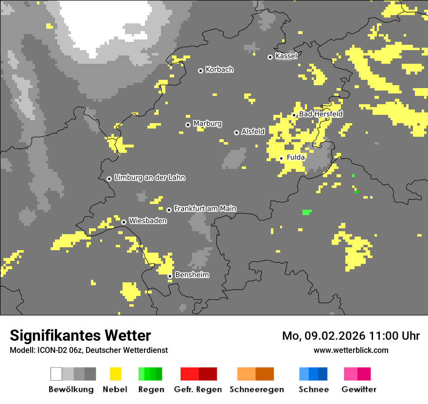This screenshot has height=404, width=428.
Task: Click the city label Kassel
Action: point(286,56)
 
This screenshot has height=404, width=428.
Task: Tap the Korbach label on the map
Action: point(219,70)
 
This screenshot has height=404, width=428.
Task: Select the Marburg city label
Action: point(207,124)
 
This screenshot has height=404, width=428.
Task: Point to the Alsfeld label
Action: point(253,131)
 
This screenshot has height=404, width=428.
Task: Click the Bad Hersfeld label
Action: point(321,114)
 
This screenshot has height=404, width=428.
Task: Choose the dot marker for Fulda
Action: point(281,158)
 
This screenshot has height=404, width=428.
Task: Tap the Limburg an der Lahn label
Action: point(149,178)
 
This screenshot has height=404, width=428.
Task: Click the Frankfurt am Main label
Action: point(205,209)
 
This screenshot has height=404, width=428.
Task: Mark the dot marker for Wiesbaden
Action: point(124,222)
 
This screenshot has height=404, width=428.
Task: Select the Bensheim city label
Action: point(192,275)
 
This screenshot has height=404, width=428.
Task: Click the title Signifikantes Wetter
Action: point(80,335)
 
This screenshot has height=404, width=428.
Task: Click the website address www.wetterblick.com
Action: point(351,350)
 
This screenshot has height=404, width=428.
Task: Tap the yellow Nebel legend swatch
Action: point(115,374)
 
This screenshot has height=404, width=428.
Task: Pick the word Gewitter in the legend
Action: point(359,389)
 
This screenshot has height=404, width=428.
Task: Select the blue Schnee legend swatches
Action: point(313,374)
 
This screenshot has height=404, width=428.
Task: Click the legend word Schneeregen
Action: point(257,389)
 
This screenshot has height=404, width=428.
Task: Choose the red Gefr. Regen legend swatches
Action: point(198,374)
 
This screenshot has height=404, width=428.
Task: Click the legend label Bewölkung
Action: point(71,389)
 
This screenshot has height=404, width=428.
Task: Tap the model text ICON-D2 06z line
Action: point(89,350)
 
